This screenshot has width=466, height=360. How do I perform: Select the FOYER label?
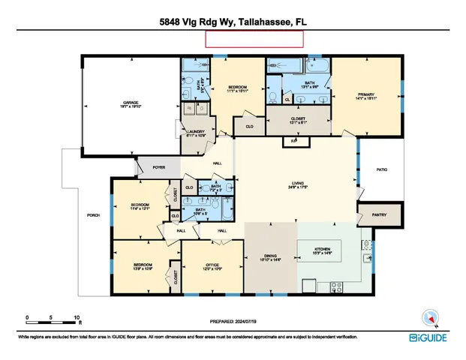(x=158, y=167)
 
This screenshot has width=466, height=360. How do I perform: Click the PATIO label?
(x=381, y=170)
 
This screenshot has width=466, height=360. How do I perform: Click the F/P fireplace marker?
(x=294, y=141)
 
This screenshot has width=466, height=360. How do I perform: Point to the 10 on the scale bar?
(x=76, y=317)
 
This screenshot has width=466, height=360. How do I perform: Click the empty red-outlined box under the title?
(x=255, y=40)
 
